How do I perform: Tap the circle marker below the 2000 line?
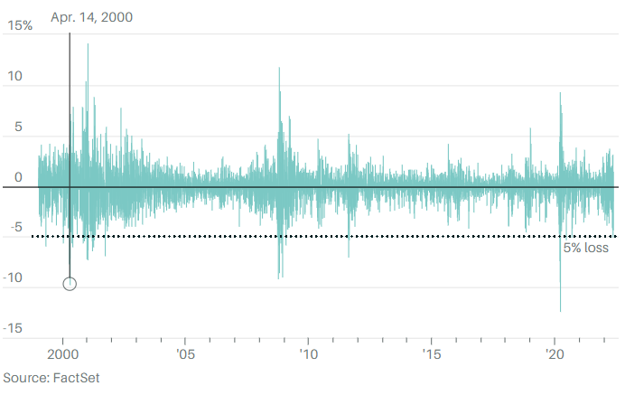coord(70,284)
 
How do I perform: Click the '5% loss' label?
coord(585,249)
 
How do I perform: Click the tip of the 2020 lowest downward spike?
coord(561,312)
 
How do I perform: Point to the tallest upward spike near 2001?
coord(88,44)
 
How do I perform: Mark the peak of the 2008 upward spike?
coord(279,68)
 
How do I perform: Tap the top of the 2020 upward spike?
coord(560,92)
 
